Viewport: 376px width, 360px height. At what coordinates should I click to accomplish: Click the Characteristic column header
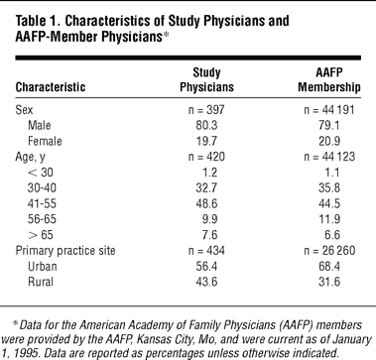click(51, 87)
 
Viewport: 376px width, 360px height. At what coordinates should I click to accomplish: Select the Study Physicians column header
click(206, 79)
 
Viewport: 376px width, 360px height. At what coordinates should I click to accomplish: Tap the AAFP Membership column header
click(329, 79)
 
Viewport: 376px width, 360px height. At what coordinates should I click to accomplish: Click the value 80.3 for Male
click(206, 125)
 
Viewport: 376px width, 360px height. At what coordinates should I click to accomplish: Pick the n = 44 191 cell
click(329, 109)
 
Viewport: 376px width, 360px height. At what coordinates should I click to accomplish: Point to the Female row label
click(45, 141)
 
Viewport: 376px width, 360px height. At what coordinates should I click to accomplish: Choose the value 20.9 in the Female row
click(329, 141)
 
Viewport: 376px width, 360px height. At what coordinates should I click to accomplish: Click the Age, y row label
click(30, 157)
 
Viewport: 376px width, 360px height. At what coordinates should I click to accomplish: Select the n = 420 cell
click(206, 157)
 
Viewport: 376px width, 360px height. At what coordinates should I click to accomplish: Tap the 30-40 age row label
click(42, 188)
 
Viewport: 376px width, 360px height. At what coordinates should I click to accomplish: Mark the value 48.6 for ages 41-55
click(206, 203)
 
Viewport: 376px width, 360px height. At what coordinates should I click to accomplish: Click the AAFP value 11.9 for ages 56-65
click(329, 219)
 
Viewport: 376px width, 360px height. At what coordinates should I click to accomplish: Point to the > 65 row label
click(41, 235)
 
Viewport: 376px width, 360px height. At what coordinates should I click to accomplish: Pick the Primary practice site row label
click(65, 251)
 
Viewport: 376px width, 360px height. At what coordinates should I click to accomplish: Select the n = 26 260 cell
click(329, 251)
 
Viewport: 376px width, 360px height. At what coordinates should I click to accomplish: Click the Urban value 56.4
click(206, 267)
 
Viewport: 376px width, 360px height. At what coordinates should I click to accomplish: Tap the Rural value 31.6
click(329, 282)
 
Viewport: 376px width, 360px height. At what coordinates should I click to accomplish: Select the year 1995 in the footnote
click(21, 353)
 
